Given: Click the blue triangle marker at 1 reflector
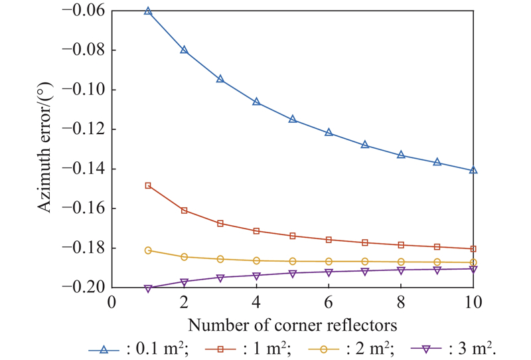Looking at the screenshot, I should [x=148, y=11].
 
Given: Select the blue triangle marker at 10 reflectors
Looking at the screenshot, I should [x=473, y=170].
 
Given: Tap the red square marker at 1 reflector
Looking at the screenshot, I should [x=148, y=185].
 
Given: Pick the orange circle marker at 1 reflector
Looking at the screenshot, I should [x=148, y=250].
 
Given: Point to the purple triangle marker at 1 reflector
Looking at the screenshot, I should [x=148, y=288].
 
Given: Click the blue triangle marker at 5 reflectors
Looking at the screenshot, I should [x=293, y=119].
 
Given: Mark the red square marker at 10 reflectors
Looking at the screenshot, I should [x=473, y=248].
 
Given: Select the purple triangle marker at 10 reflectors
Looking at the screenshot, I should [x=473, y=269].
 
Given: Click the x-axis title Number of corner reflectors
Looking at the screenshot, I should [x=293, y=325].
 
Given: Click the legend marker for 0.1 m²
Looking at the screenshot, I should [x=103, y=348].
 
